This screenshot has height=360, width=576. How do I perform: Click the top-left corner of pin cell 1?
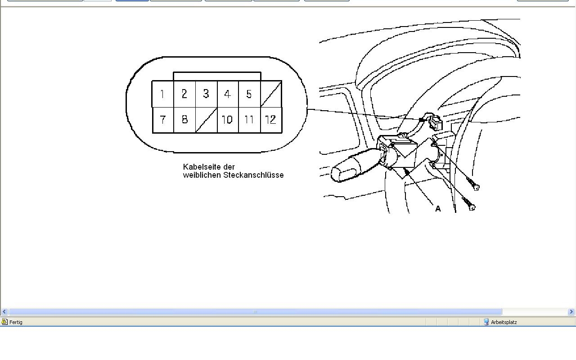click(x=152, y=81)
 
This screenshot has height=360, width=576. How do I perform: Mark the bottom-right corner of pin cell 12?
click(x=282, y=133)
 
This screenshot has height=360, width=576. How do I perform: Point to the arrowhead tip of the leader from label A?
click(x=405, y=168)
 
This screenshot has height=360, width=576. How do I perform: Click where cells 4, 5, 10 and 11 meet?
click(x=238, y=107)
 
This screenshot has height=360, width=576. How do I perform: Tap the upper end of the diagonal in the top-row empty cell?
click(x=281, y=82)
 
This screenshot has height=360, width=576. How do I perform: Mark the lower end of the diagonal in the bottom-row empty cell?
click(x=196, y=132)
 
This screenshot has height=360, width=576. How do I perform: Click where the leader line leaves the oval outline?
click(x=307, y=109)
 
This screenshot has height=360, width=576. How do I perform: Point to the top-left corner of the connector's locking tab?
click(x=174, y=72)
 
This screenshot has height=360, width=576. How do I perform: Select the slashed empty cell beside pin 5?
click(x=271, y=94)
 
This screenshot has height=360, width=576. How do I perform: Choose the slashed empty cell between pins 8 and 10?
click(x=206, y=120)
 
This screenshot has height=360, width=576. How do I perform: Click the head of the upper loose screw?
click(x=476, y=188)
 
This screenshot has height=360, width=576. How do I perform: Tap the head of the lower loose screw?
click(x=472, y=207)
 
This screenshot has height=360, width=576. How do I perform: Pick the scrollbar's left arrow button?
click(x=4, y=312)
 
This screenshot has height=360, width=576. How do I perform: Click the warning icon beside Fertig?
click(x=4, y=322)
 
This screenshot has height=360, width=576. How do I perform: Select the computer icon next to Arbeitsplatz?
click(x=486, y=322)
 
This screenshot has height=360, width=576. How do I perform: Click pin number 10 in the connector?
click(x=227, y=120)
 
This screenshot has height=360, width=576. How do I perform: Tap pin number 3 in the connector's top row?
click(x=206, y=94)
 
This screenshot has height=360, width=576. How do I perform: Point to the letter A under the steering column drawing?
click(x=438, y=209)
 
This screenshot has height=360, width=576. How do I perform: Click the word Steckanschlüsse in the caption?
click(x=253, y=175)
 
